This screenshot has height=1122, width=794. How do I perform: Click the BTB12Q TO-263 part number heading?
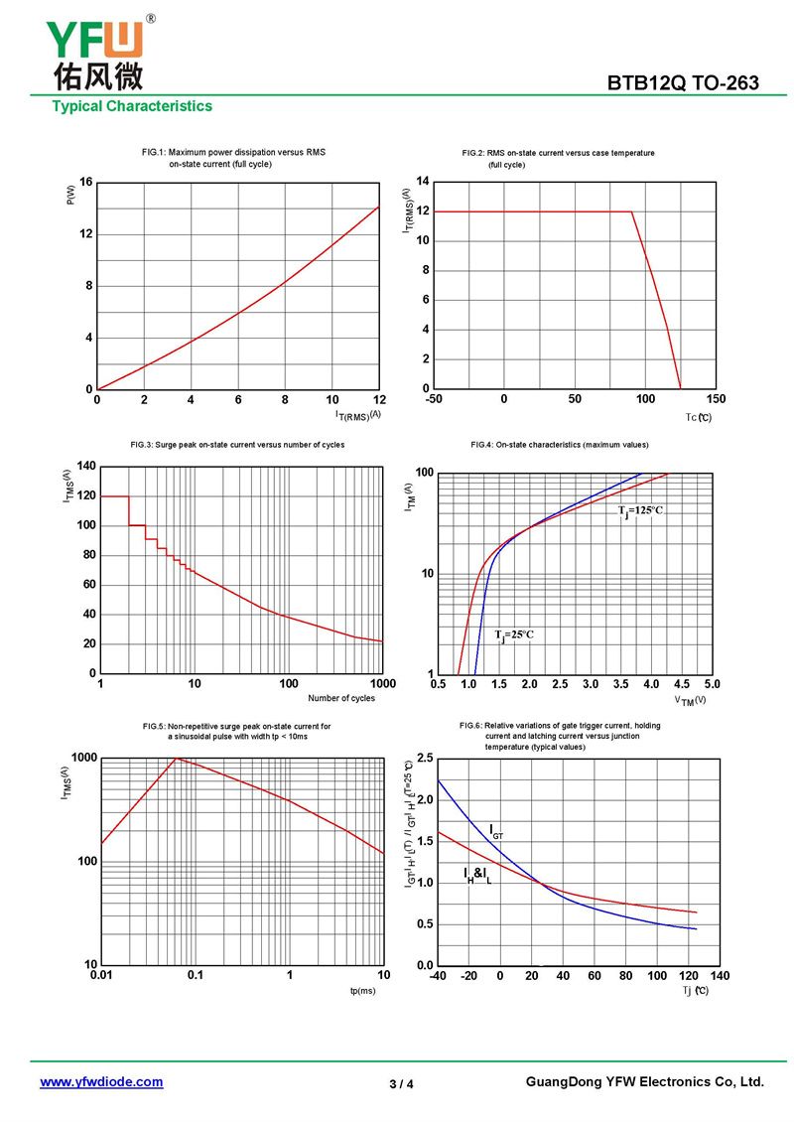683,83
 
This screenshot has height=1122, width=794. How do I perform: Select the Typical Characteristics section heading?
132,106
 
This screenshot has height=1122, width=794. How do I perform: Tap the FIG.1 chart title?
233,157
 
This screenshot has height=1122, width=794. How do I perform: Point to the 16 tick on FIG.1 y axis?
86,183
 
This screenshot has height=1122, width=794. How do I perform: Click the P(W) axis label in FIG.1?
70,197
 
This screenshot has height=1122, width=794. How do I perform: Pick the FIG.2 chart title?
558,158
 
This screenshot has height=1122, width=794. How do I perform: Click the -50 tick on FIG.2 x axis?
434,399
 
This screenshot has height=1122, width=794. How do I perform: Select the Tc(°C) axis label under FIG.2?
699,417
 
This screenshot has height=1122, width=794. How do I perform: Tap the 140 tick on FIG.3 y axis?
85,467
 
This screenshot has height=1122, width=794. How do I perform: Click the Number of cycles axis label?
341,698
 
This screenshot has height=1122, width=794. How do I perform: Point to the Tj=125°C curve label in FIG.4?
640,510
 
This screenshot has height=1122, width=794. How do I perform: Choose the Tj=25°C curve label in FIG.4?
513,634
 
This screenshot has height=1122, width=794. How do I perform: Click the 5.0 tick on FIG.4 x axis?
712,685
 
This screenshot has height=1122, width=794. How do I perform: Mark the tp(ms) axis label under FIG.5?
362,991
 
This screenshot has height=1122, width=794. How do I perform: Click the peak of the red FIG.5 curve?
177,759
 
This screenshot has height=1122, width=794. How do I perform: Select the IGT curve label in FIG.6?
496,830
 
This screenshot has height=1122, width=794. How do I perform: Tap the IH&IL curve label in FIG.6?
477,875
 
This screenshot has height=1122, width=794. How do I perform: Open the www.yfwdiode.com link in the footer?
101,1082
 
